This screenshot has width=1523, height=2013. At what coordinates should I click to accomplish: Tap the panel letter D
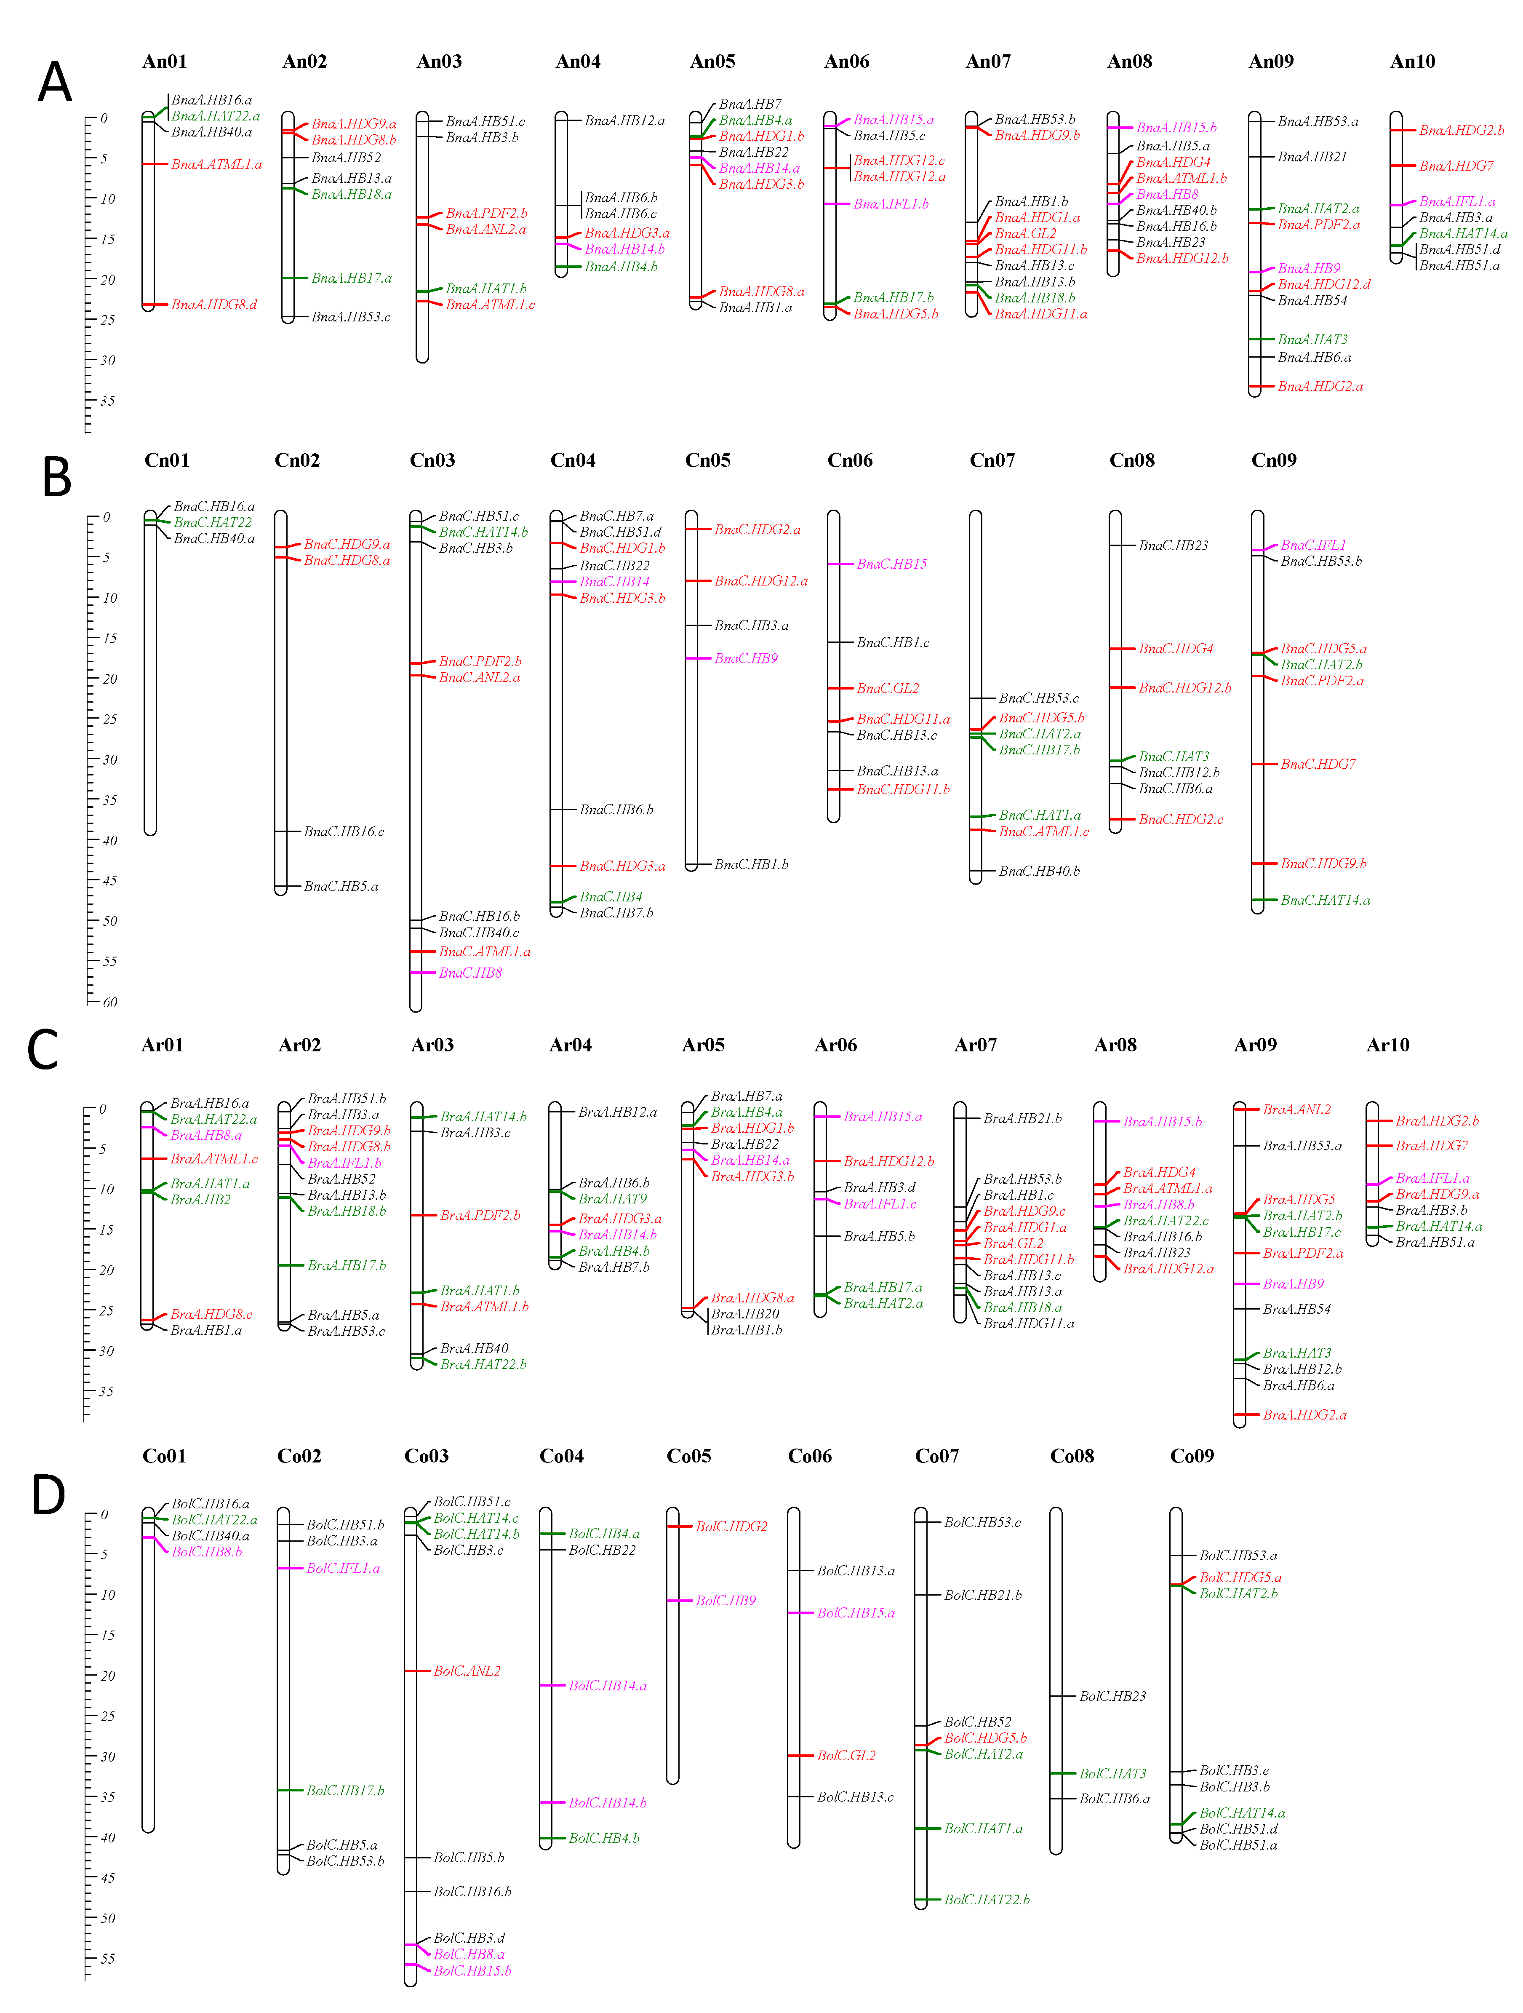click(48, 1495)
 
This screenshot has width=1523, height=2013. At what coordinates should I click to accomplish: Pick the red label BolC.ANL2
click(467, 1671)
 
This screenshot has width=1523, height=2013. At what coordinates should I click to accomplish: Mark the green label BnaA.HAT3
click(1312, 340)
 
